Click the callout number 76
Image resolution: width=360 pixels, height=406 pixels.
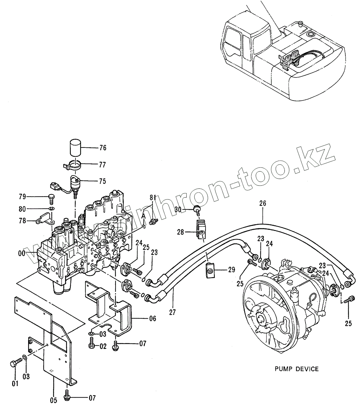click(x=103, y=148)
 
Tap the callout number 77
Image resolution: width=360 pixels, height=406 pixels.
click(x=103, y=165)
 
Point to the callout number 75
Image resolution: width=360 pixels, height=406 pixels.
click(x=103, y=181)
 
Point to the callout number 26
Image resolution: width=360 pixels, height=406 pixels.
click(x=263, y=203)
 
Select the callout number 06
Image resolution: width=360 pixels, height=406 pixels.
click(x=152, y=318)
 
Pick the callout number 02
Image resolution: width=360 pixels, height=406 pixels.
click(x=103, y=346)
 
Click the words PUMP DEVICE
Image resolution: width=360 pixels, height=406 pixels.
click(x=297, y=369)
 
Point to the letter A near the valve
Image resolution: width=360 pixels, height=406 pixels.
click(x=144, y=216)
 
